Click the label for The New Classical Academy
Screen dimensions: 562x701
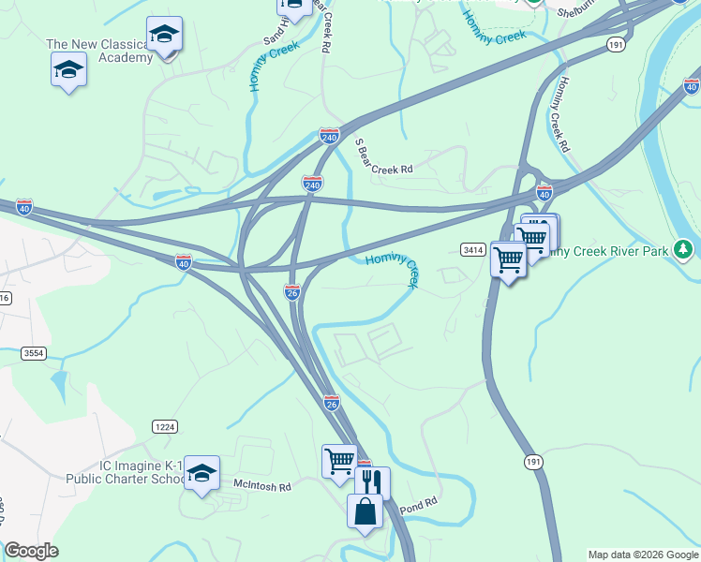98,51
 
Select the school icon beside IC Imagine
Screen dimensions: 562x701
201,474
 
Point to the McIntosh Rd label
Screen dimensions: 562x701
263,487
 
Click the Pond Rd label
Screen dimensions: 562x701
419,505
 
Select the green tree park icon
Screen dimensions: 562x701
684,248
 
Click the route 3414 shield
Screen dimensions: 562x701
472,249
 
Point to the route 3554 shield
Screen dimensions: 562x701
34,352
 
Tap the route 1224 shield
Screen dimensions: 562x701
165,426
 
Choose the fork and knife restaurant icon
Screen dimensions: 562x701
372,482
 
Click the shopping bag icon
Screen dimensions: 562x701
364,511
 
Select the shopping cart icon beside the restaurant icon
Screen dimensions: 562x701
339,460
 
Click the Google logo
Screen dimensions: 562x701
31,551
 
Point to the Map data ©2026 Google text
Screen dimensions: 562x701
643,555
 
